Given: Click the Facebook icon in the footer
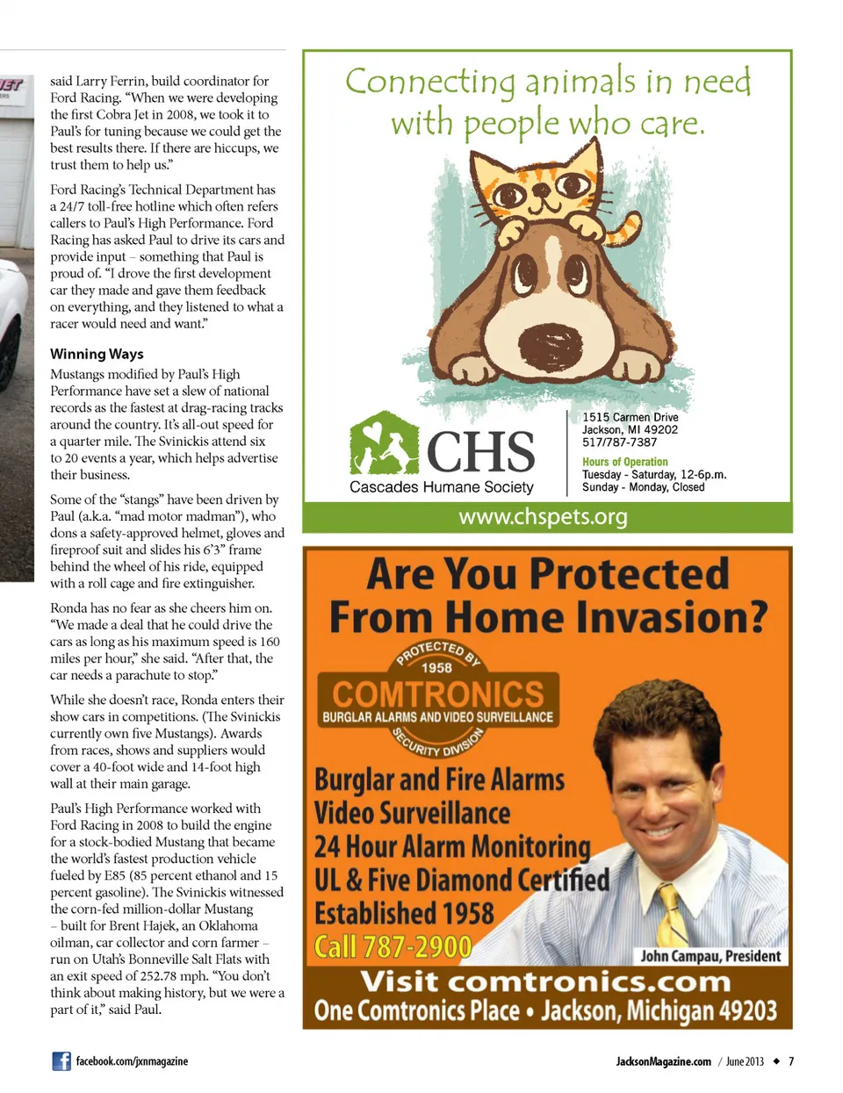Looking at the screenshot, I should [61, 1061].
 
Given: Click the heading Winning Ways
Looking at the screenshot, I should [97, 354].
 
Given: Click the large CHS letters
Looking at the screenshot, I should [480, 451].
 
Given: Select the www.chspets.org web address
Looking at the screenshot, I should [543, 516].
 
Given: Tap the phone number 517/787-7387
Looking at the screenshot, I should [619, 442].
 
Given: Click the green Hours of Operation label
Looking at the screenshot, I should [624, 462].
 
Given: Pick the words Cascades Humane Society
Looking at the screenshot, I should [441, 487].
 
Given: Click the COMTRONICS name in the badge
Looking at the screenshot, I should [438, 694].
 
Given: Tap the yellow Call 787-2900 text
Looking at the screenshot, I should [393, 946].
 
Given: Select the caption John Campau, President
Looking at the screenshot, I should [710, 956].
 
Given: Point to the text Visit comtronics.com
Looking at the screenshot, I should [544, 981].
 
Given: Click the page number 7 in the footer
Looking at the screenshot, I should [790, 1061].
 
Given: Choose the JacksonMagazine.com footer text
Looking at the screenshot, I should [663, 1061].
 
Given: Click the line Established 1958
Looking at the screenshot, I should [404, 913].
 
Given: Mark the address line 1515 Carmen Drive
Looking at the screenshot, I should [630, 417].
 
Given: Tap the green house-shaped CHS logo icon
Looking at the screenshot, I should [385, 443].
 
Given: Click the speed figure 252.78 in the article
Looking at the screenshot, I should [197, 975].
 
